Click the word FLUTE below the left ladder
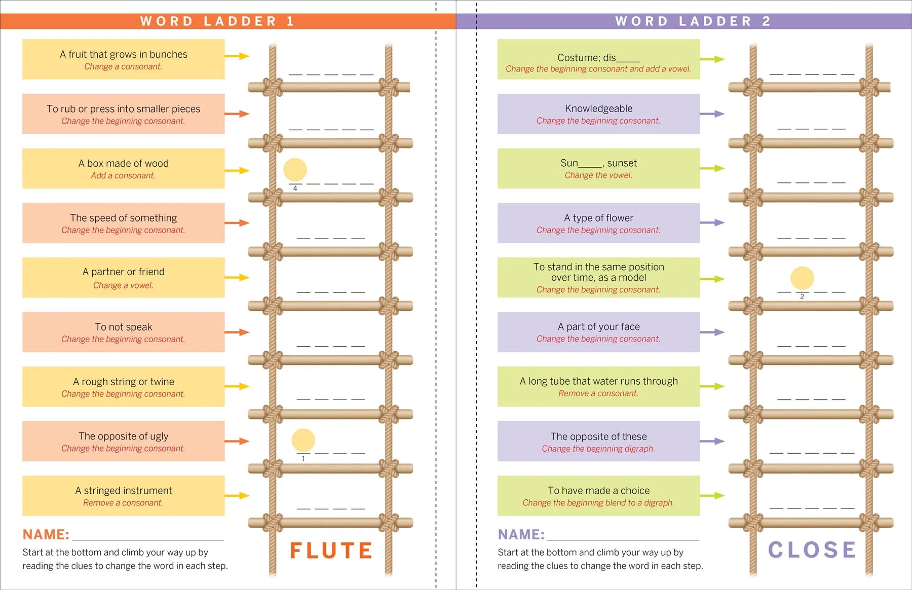pyautogui.click(x=331, y=550)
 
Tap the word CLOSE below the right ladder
pyautogui.click(x=812, y=550)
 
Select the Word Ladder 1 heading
pyautogui.click(x=217, y=21)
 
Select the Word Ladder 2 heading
pyautogui.click(x=693, y=21)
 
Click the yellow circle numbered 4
pyautogui.click(x=295, y=170)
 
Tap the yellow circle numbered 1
pyautogui.click(x=303, y=440)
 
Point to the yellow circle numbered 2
pyautogui.click(x=802, y=278)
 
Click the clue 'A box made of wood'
pyautogui.click(x=124, y=163)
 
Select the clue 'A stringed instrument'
pyautogui.click(x=124, y=491)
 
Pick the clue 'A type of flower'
pyautogui.click(x=598, y=218)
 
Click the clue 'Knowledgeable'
pyautogui.click(x=598, y=108)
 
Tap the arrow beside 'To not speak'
pyautogui.click(x=237, y=333)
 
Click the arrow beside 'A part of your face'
pyautogui.click(x=712, y=333)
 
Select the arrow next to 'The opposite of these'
pyautogui.click(x=712, y=441)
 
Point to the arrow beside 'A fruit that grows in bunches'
pyautogui.click(x=237, y=56)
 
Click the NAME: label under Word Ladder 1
pyautogui.click(x=46, y=535)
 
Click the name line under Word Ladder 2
pyautogui.click(x=623, y=540)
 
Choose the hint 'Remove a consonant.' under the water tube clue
pyautogui.click(x=598, y=393)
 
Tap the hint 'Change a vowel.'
pyautogui.click(x=123, y=285)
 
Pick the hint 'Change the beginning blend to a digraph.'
pyautogui.click(x=598, y=503)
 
